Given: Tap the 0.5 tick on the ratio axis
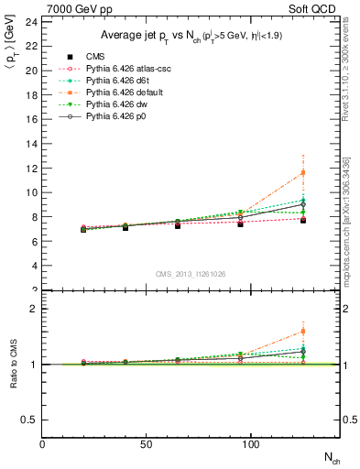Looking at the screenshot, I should (x=29, y=420).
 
